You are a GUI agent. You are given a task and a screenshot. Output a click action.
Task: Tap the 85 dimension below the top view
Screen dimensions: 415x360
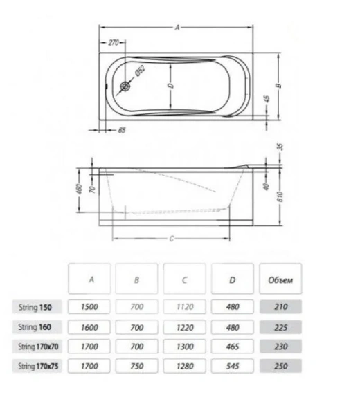121,130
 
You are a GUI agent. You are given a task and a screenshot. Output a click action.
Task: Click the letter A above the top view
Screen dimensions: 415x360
178,28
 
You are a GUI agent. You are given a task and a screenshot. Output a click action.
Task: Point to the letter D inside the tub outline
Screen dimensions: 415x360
169,86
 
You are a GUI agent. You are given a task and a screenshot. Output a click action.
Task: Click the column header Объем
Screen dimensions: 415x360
280,280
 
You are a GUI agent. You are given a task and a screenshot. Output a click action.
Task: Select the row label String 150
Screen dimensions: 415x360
40,306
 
